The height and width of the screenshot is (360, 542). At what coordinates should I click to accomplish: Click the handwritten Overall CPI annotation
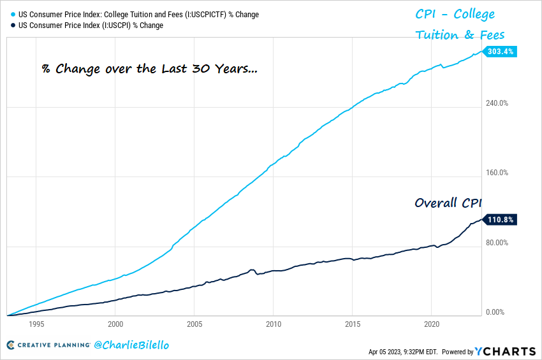(x=446, y=203)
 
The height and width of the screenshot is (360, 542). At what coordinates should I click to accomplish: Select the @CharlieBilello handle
(x=132, y=345)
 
